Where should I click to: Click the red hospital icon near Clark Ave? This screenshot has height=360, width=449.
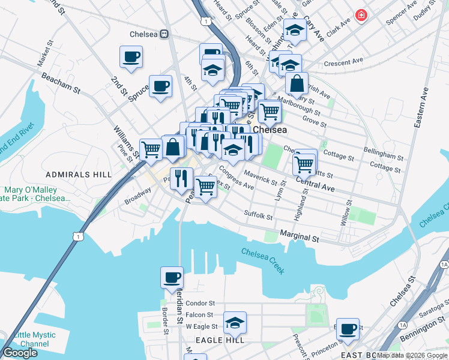click(361, 15)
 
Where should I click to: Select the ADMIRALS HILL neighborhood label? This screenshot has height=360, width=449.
click(79, 174)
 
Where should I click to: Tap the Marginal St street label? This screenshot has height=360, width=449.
click(299, 238)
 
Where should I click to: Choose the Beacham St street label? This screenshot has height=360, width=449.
click(60, 83)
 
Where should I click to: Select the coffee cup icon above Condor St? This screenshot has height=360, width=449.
click(172, 277)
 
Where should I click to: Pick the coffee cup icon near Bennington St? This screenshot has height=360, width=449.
click(348, 328)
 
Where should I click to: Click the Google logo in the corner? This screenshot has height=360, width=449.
click(20, 353)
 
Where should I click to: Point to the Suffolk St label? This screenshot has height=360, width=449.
click(258, 215)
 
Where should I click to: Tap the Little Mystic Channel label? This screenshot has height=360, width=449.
click(24, 340)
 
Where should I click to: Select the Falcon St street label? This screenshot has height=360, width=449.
click(199, 315)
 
